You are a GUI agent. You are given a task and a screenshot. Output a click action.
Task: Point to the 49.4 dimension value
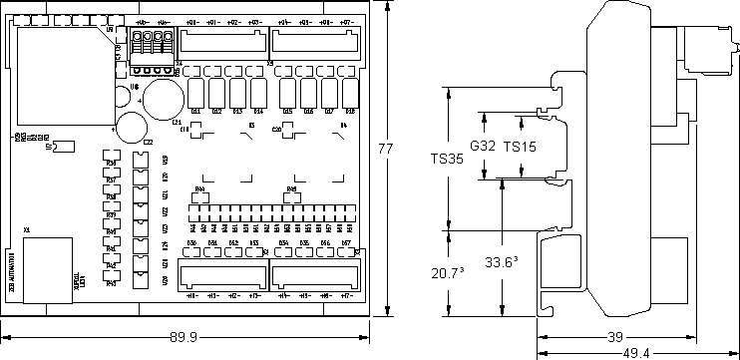pos(636,353)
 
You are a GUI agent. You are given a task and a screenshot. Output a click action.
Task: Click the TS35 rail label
pos(447,158)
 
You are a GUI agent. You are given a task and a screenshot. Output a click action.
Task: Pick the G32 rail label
pos(483,146)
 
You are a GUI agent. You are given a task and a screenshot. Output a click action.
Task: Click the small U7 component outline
pos(62,147)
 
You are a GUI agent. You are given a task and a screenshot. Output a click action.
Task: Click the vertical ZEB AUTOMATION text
pos(12,269)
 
